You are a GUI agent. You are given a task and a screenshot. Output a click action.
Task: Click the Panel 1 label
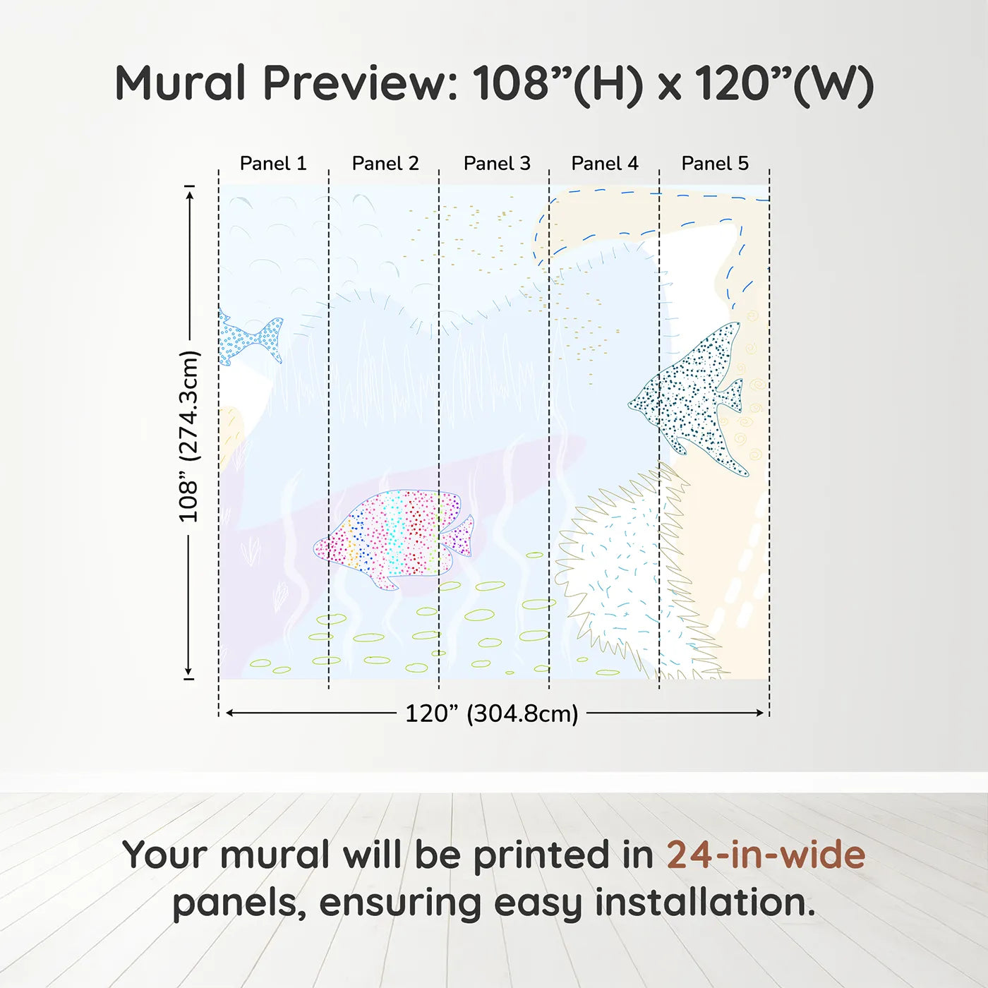point(273,164)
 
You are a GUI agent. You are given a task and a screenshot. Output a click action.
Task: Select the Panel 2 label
point(385,164)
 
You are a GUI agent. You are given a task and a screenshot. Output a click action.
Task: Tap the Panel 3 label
point(497,164)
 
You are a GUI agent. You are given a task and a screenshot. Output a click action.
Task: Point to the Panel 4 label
point(605,164)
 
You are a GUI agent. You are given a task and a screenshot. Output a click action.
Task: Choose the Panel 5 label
point(715,164)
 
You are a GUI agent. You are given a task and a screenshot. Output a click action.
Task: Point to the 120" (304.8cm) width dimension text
point(492,713)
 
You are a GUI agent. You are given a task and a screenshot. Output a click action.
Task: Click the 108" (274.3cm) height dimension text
point(189,436)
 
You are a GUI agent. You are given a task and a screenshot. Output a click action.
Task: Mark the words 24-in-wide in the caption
point(766,855)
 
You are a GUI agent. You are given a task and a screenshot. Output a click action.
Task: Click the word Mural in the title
point(180,83)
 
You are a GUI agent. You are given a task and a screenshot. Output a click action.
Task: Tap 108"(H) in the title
point(558,83)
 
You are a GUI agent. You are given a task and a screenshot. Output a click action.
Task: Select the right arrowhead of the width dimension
point(760,713)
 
